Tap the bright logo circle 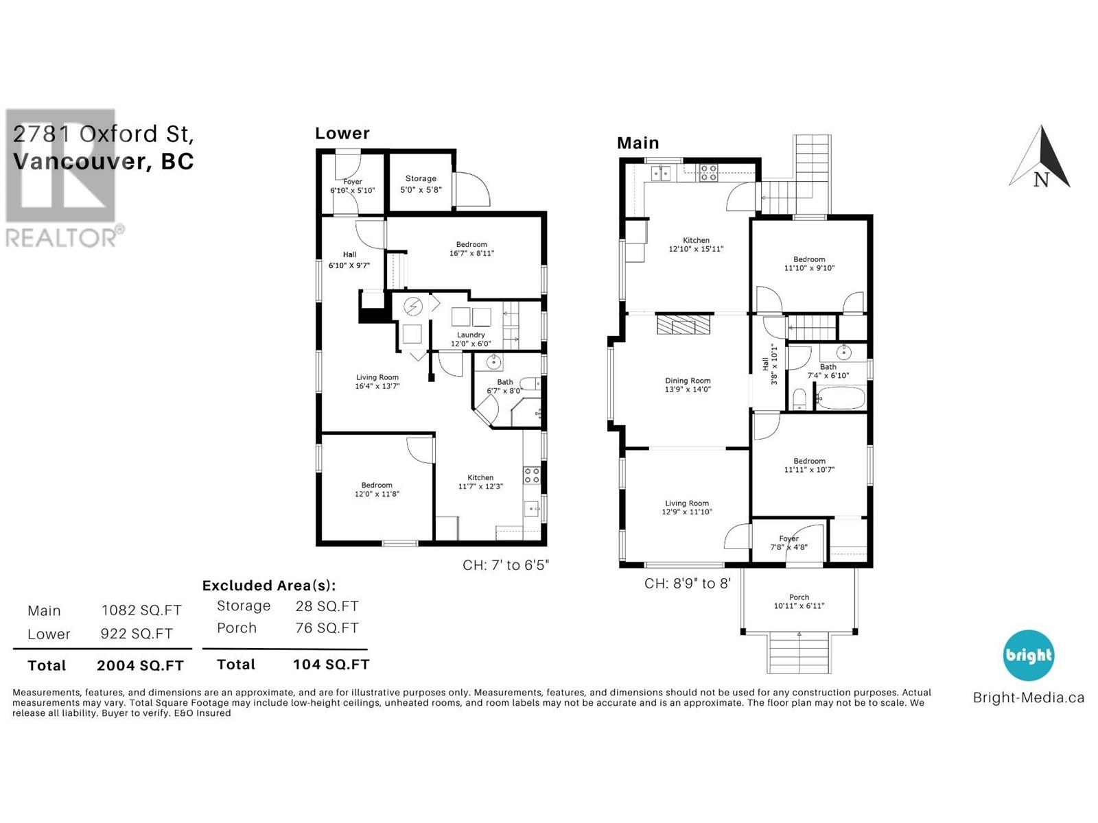(1028, 655)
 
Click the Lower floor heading (342, 134)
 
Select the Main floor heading (638, 143)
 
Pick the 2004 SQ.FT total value (140, 665)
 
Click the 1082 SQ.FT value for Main (141, 610)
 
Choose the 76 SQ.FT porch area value (327, 628)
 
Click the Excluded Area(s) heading (268, 586)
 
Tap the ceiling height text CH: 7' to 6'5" (506, 565)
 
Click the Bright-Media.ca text (1028, 698)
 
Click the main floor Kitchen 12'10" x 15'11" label (696, 245)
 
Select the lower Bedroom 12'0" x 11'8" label (377, 489)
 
